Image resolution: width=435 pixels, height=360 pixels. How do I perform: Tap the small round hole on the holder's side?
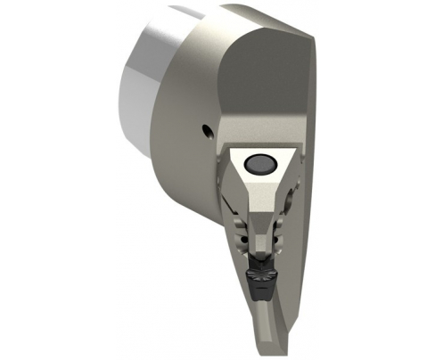(207, 131)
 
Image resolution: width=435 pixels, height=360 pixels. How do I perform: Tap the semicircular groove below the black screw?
(265, 308)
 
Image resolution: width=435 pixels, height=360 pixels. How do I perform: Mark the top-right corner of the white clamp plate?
(291, 149)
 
